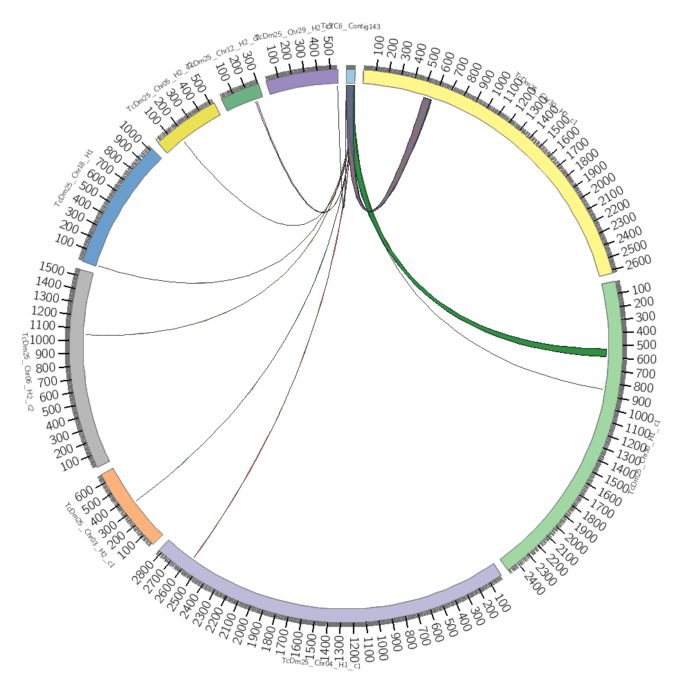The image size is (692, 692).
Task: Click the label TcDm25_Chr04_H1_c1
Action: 321,663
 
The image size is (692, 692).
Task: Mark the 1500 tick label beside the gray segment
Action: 52,268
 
